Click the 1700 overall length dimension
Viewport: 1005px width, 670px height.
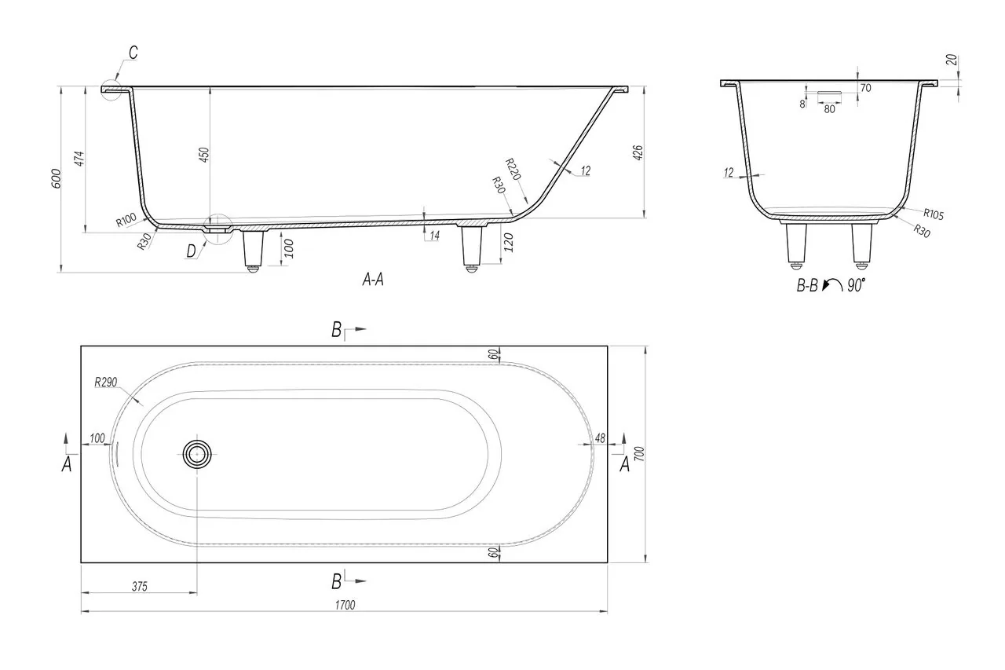click(345, 606)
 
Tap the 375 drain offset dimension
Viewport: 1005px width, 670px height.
click(140, 587)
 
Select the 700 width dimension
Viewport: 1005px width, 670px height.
click(639, 454)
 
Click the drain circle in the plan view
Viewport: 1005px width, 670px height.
click(197, 454)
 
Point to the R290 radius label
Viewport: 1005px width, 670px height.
click(105, 383)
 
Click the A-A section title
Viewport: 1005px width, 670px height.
click(373, 280)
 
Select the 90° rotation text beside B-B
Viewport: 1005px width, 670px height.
click(856, 285)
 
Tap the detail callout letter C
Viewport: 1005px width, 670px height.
click(133, 53)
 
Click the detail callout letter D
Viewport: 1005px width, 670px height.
click(192, 251)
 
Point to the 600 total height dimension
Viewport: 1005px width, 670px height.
click(56, 178)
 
